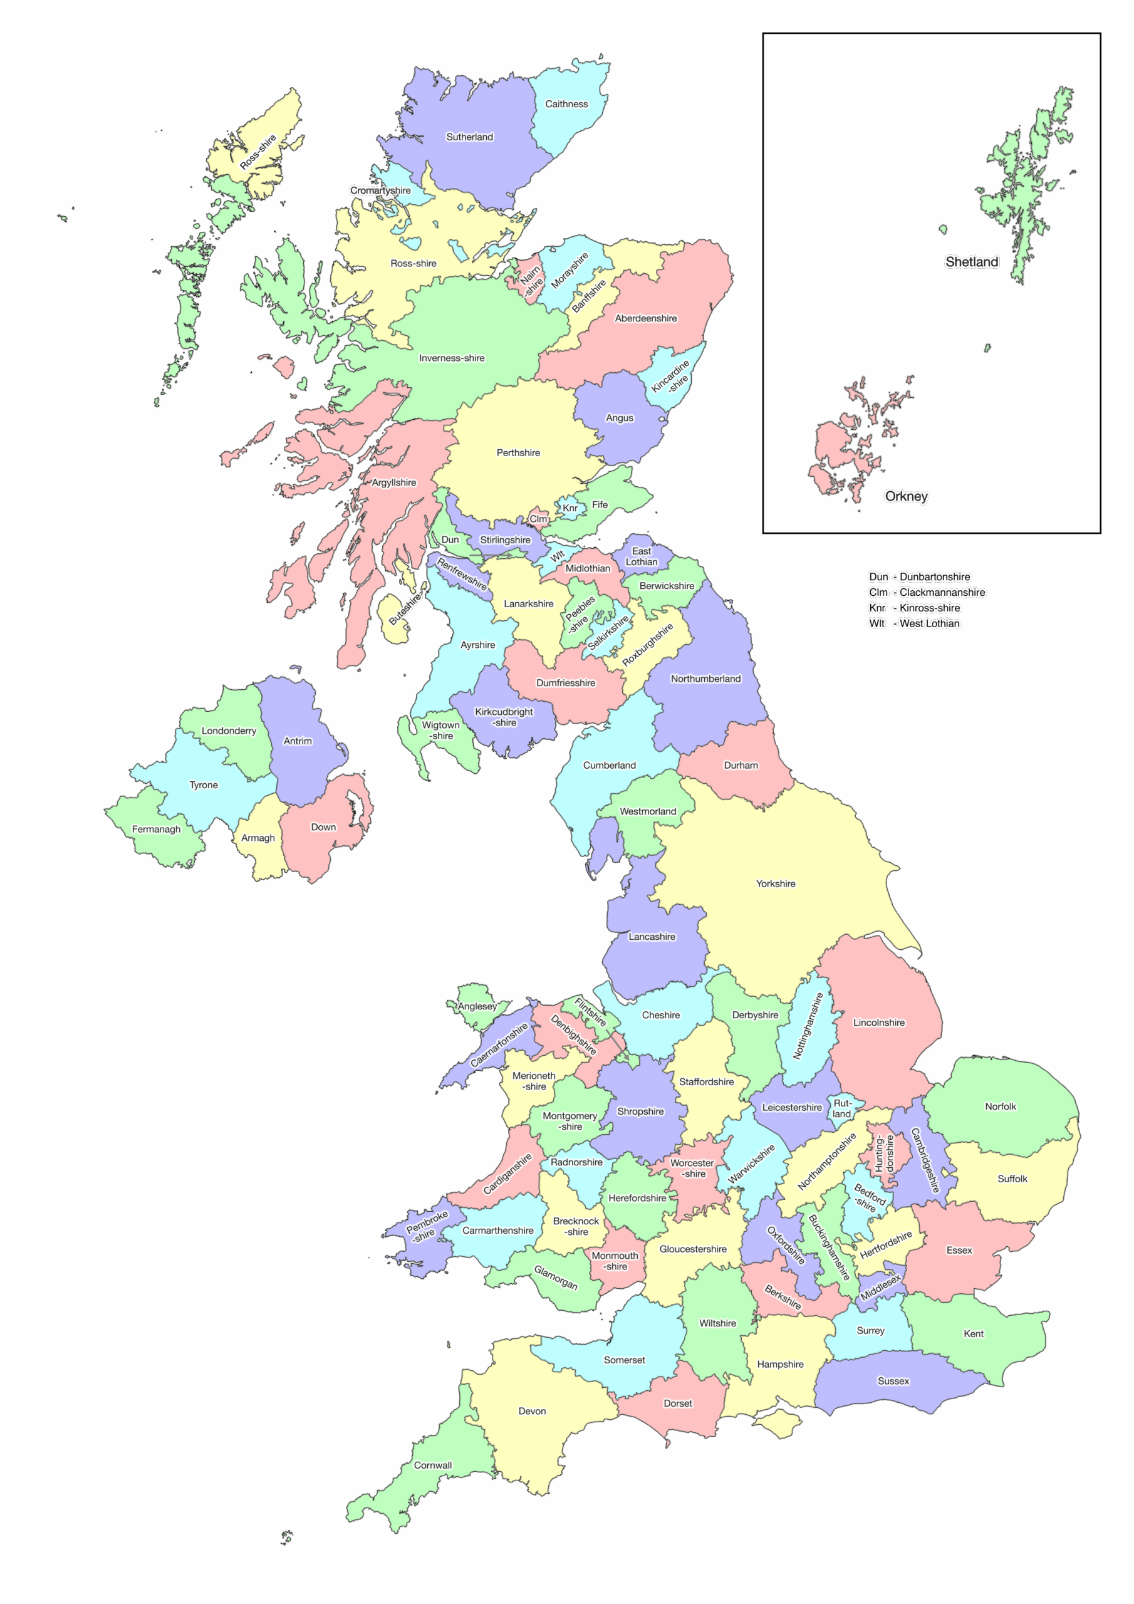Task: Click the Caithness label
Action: (x=566, y=104)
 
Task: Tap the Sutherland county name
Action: (x=469, y=137)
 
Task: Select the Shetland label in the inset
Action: (x=971, y=262)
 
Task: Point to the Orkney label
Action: (x=906, y=496)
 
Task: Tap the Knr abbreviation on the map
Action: (x=570, y=508)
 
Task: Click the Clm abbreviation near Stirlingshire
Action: (x=538, y=519)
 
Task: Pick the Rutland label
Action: (x=842, y=1108)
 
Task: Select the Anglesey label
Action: (x=477, y=1006)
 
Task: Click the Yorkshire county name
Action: (x=776, y=883)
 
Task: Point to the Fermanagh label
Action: (x=156, y=829)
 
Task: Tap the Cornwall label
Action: (x=432, y=1465)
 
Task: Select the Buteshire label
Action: (x=405, y=608)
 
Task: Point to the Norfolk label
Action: (x=1000, y=1107)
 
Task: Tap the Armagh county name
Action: (x=258, y=838)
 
